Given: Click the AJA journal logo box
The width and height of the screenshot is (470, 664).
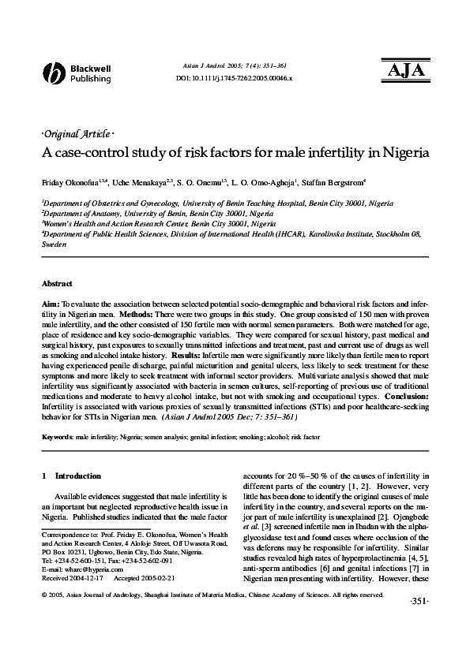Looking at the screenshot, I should pos(404,70).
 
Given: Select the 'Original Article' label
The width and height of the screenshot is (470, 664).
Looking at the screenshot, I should pos(75,134).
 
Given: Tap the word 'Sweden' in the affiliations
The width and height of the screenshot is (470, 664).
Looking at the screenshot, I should pos(55,245).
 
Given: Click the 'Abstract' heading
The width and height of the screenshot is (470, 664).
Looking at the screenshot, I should pos(57,284).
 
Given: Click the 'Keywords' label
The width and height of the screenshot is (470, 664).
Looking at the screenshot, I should pos(57,436).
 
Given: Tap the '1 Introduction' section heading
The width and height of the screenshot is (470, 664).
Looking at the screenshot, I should pos(71,476).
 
